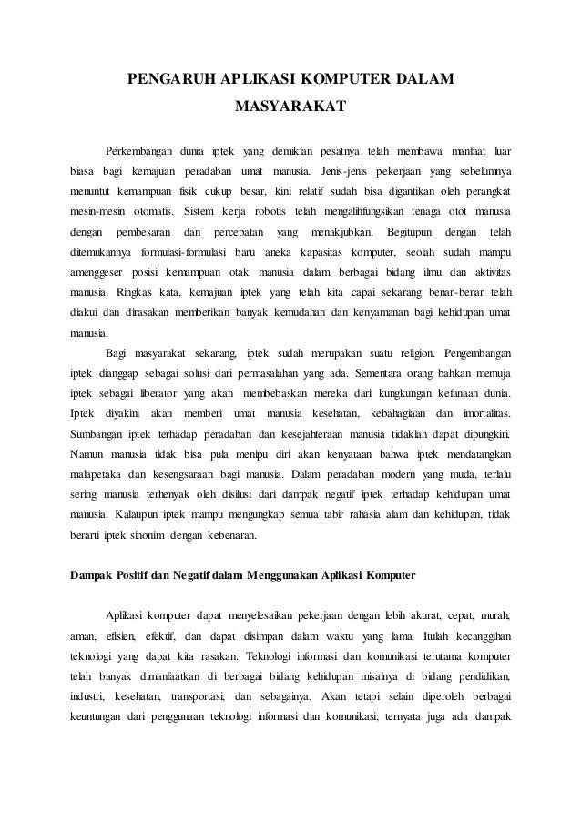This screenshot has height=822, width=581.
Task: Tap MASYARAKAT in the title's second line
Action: coord(290,111)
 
